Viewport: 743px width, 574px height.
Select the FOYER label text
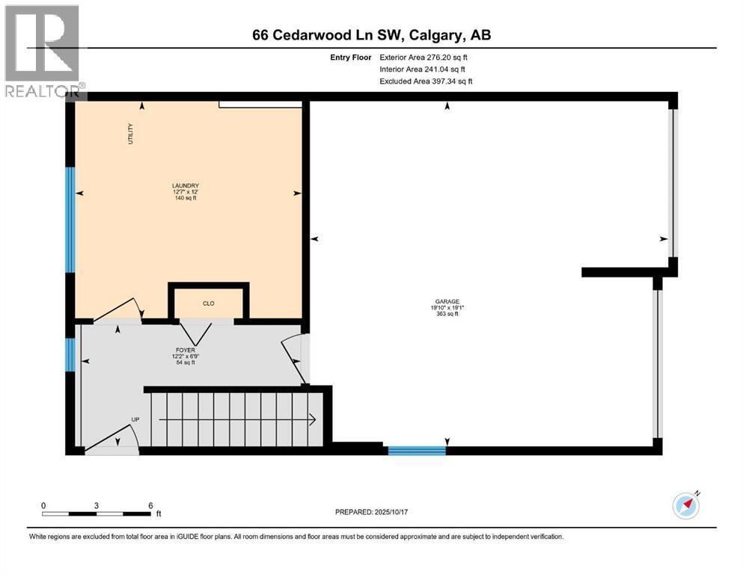pyautogui.click(x=185, y=349)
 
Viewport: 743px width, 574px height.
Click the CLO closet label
pyautogui.click(x=209, y=303)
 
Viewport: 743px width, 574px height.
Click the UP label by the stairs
pyautogui.click(x=135, y=419)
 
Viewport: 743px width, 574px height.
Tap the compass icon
pyautogui.click(x=685, y=506)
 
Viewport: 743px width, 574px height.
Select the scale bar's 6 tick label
pyautogui.click(x=150, y=505)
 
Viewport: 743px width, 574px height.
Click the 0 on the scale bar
pyautogui.click(x=44, y=505)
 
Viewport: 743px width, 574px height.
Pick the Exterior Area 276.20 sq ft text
pyautogui.click(x=424, y=57)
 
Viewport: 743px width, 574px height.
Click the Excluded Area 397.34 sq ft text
pyautogui.click(x=426, y=81)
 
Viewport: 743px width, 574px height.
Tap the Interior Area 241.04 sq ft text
pyautogui.click(x=424, y=69)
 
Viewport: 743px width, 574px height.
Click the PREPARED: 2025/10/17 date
pyautogui.click(x=374, y=512)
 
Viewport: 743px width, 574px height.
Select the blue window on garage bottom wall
pyautogui.click(x=416, y=450)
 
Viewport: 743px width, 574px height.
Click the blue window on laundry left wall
pyautogui.click(x=70, y=219)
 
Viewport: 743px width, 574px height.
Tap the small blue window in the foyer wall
pyautogui.click(x=70, y=354)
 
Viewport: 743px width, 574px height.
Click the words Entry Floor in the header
pyautogui.click(x=350, y=57)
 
